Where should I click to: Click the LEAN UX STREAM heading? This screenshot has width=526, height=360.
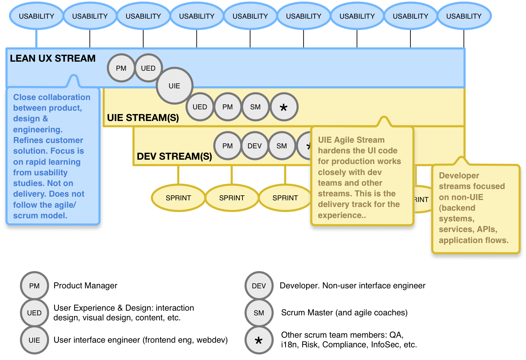(53, 59)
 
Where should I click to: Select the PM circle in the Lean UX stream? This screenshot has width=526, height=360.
(121, 68)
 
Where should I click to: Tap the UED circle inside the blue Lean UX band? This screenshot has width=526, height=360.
(148, 68)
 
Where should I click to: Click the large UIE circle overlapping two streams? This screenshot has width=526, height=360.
(174, 86)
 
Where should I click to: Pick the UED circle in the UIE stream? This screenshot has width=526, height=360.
(200, 107)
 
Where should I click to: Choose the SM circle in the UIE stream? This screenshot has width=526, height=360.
(256, 107)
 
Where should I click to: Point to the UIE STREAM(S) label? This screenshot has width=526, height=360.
(143, 118)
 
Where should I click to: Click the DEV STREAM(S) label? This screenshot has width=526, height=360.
(174, 156)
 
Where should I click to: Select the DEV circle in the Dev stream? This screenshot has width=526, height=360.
(255, 146)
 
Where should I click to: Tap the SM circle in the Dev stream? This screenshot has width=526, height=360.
(282, 146)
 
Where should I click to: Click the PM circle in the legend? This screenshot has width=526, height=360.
(34, 286)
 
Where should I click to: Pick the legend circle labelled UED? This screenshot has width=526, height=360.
(34, 313)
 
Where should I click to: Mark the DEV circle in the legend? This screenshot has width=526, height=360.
(259, 286)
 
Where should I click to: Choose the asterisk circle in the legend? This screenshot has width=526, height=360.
(259, 340)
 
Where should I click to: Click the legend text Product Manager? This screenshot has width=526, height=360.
(85, 286)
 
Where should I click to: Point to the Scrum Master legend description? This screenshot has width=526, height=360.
(344, 313)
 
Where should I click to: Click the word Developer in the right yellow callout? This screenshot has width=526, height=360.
(459, 176)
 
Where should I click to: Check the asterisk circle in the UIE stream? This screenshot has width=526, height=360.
(284, 107)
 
